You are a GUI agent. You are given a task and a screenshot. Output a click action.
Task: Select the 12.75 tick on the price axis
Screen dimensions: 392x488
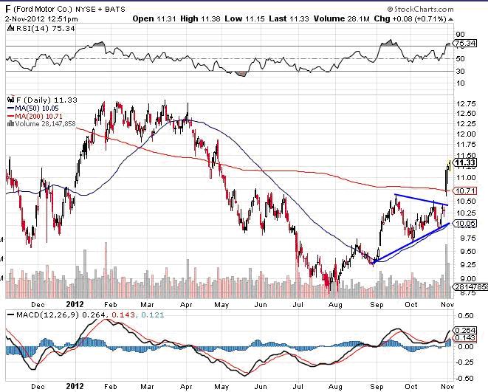(x=465, y=104)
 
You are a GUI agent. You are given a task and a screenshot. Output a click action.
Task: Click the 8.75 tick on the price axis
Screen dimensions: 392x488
(x=465, y=293)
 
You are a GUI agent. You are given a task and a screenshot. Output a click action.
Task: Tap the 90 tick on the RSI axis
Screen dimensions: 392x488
(x=460, y=34)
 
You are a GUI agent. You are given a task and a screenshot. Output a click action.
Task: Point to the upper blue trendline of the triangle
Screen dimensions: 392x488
(x=421, y=199)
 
